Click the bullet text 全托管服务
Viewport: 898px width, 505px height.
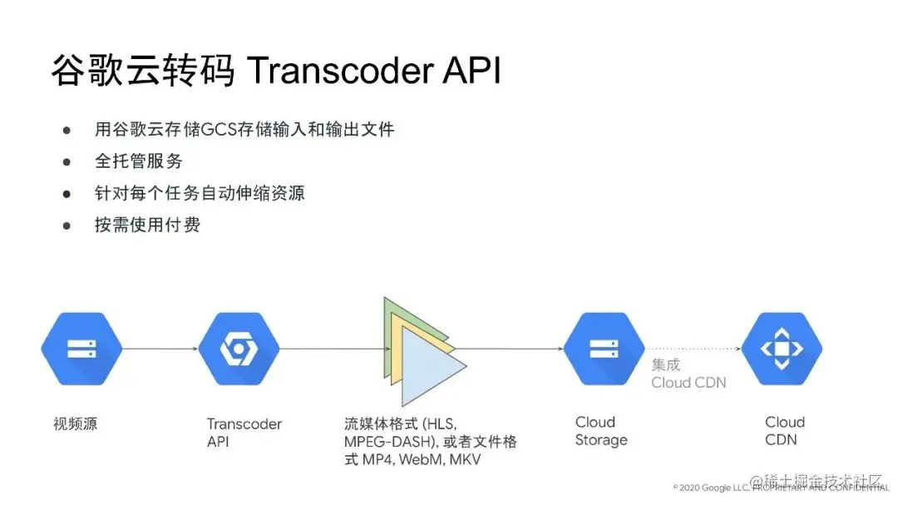pyautogui.click(x=138, y=161)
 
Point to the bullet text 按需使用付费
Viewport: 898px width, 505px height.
pyautogui.click(x=147, y=225)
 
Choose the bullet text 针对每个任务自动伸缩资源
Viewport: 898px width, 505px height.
pyautogui.click(x=200, y=193)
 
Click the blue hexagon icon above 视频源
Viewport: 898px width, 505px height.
pyautogui.click(x=81, y=349)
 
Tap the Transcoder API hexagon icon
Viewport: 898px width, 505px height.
pyautogui.click(x=239, y=349)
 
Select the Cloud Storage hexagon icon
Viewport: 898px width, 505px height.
pyautogui.click(x=604, y=349)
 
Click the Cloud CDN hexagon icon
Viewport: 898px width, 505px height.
pyautogui.click(x=781, y=349)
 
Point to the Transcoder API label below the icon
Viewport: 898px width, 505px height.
pyautogui.click(x=244, y=433)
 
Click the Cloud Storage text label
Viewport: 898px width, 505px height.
pyautogui.click(x=600, y=431)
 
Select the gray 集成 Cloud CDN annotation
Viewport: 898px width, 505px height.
pyautogui.click(x=688, y=374)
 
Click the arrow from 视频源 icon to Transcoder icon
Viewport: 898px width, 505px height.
pyautogui.click(x=160, y=349)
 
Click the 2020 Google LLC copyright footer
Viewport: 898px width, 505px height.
pyautogui.click(x=715, y=487)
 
